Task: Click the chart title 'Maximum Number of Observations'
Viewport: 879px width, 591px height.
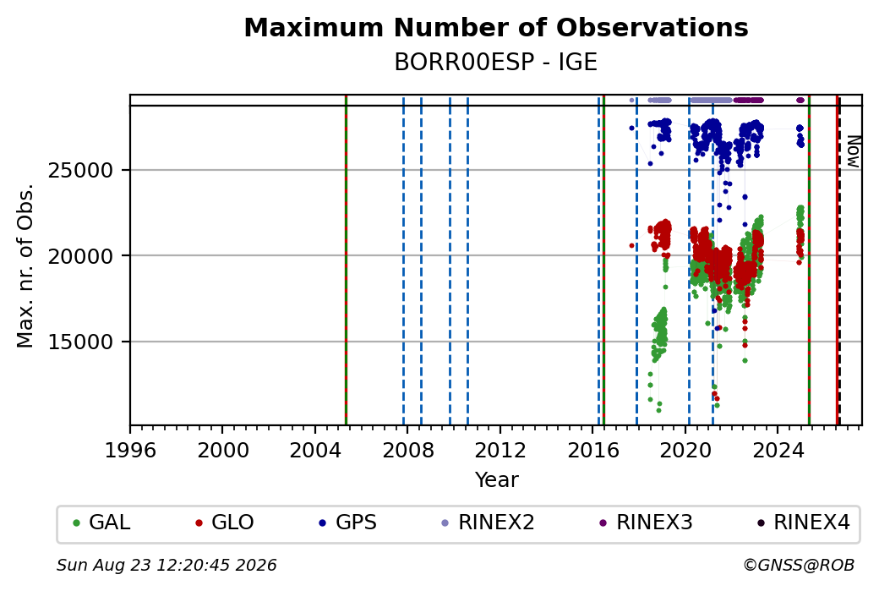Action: pyautogui.click(x=496, y=27)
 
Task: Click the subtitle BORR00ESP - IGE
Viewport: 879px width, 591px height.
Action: pyautogui.click(x=496, y=63)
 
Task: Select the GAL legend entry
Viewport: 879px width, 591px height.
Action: pyautogui.click(x=102, y=523)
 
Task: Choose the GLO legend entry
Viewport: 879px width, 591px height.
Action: pyautogui.click(x=224, y=523)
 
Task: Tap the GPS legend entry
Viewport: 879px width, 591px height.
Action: pyautogui.click(x=348, y=523)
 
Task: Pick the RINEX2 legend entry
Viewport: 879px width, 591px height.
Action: pyautogui.click(x=489, y=523)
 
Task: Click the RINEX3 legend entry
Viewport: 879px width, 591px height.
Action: pyautogui.click(x=647, y=523)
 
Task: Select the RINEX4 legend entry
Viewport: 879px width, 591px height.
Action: pyautogui.click(x=804, y=523)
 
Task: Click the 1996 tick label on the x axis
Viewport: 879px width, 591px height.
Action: pyautogui.click(x=131, y=451)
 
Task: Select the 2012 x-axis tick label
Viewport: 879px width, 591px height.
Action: pyautogui.click(x=500, y=451)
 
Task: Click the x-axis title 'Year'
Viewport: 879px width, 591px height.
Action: pyautogui.click(x=497, y=480)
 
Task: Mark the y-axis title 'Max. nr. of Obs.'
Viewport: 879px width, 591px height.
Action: pyautogui.click(x=25, y=265)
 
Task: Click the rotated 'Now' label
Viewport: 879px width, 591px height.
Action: pyautogui.click(x=853, y=151)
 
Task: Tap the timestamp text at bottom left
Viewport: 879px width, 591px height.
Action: pyautogui.click(x=167, y=565)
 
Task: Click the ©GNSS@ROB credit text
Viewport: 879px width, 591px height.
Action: pyautogui.click(x=799, y=565)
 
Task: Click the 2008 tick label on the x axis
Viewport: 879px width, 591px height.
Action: pyautogui.click(x=408, y=451)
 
